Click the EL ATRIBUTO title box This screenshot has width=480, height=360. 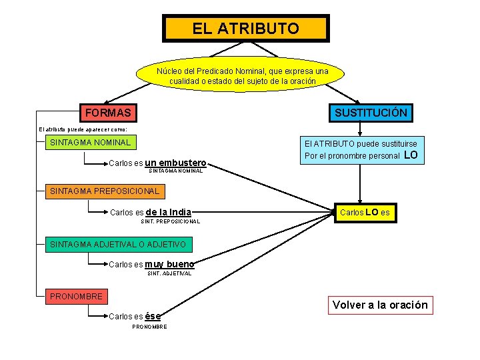click(245, 29)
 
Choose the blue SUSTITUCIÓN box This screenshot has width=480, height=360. click(371, 113)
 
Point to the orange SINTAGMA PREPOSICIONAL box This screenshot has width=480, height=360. click(105, 191)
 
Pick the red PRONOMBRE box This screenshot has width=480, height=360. click(76, 296)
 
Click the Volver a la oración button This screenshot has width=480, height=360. click(380, 305)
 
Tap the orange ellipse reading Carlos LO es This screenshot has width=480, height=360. click(365, 213)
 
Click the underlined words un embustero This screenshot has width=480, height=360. click(175, 162)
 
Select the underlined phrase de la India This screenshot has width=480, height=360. click(168, 213)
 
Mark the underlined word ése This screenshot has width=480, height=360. click(153, 316)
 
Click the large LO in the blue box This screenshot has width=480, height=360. click(411, 155)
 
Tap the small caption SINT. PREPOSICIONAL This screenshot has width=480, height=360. click(171, 221)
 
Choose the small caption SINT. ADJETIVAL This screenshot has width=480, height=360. click(169, 273)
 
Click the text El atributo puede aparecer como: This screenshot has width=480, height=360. click(83, 129)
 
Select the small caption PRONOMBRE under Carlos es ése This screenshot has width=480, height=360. click(149, 326)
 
